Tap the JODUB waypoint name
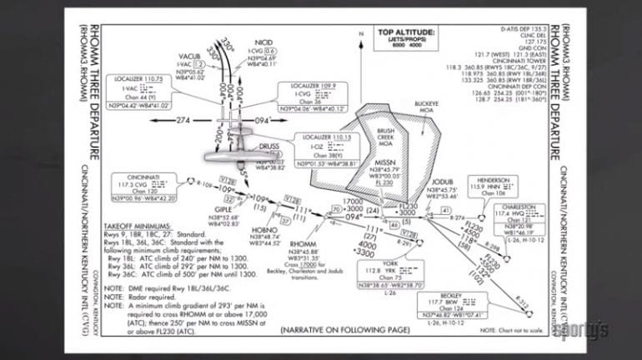[x=444, y=182]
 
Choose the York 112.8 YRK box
[x=390, y=275]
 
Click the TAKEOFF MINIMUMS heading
[x=138, y=226]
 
